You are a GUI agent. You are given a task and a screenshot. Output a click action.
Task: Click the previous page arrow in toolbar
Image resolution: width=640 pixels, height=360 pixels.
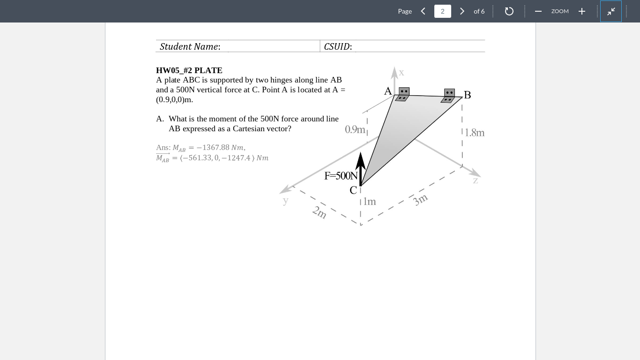423,11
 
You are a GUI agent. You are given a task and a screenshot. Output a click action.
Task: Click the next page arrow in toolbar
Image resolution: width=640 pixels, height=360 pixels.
462,11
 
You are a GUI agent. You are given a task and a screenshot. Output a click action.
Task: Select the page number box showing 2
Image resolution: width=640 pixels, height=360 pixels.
442,11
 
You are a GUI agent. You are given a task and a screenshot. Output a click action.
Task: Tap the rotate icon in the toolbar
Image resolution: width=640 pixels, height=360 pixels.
509,11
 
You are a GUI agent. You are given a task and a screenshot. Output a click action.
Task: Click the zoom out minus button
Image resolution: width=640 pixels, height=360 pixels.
538,11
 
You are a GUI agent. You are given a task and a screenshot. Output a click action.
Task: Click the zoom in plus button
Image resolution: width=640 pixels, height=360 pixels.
582,11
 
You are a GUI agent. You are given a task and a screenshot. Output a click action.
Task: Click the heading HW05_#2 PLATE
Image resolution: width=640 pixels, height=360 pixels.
189,70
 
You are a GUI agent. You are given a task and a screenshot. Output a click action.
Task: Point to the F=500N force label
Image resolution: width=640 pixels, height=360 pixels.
341,176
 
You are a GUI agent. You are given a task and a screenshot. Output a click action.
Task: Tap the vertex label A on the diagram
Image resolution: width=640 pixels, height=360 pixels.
388,91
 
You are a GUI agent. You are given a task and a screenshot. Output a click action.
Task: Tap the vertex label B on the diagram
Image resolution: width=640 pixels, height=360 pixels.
467,95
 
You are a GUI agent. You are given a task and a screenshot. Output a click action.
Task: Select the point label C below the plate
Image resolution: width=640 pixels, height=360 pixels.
353,190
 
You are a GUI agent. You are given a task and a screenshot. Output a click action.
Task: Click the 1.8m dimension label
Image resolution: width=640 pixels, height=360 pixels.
475,133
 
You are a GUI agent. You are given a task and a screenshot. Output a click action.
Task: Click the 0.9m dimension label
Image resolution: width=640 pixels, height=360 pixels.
355,129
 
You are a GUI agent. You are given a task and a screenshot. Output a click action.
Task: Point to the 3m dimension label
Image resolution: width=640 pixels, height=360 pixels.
420,200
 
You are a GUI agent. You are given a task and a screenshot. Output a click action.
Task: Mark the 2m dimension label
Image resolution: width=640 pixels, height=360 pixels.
320,212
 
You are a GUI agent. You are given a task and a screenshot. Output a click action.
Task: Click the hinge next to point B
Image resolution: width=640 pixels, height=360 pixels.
448,96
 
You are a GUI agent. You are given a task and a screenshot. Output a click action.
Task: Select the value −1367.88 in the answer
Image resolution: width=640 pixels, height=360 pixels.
213,148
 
